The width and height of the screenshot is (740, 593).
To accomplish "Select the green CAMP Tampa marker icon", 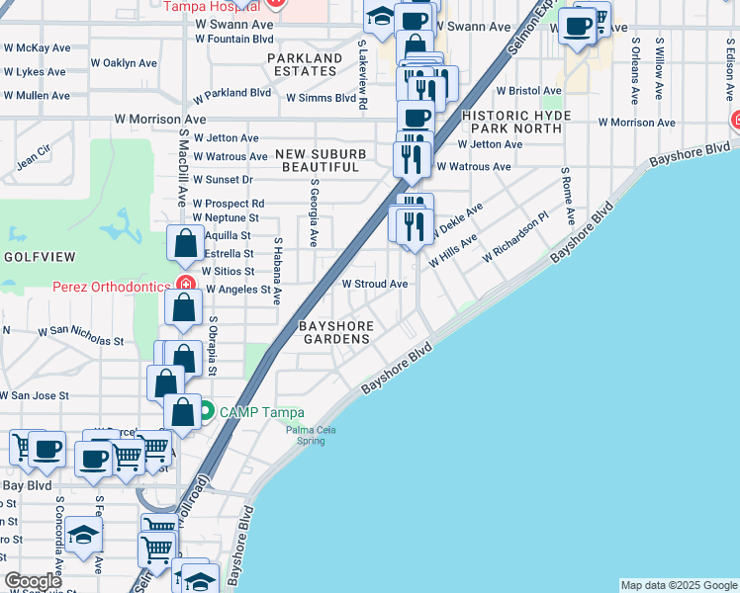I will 206,412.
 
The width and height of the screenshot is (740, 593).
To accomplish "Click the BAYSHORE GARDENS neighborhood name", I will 336,332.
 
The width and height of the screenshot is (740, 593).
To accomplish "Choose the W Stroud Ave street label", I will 375,284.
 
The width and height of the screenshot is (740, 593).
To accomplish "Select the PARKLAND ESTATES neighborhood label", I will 304,64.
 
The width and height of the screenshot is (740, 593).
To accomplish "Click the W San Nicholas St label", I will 80,335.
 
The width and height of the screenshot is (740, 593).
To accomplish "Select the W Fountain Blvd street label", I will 233,39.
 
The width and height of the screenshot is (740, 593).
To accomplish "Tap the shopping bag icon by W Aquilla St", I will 186,243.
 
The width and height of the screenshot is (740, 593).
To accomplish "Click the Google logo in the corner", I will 33,581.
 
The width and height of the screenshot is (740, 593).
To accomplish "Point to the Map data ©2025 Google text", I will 679,585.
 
